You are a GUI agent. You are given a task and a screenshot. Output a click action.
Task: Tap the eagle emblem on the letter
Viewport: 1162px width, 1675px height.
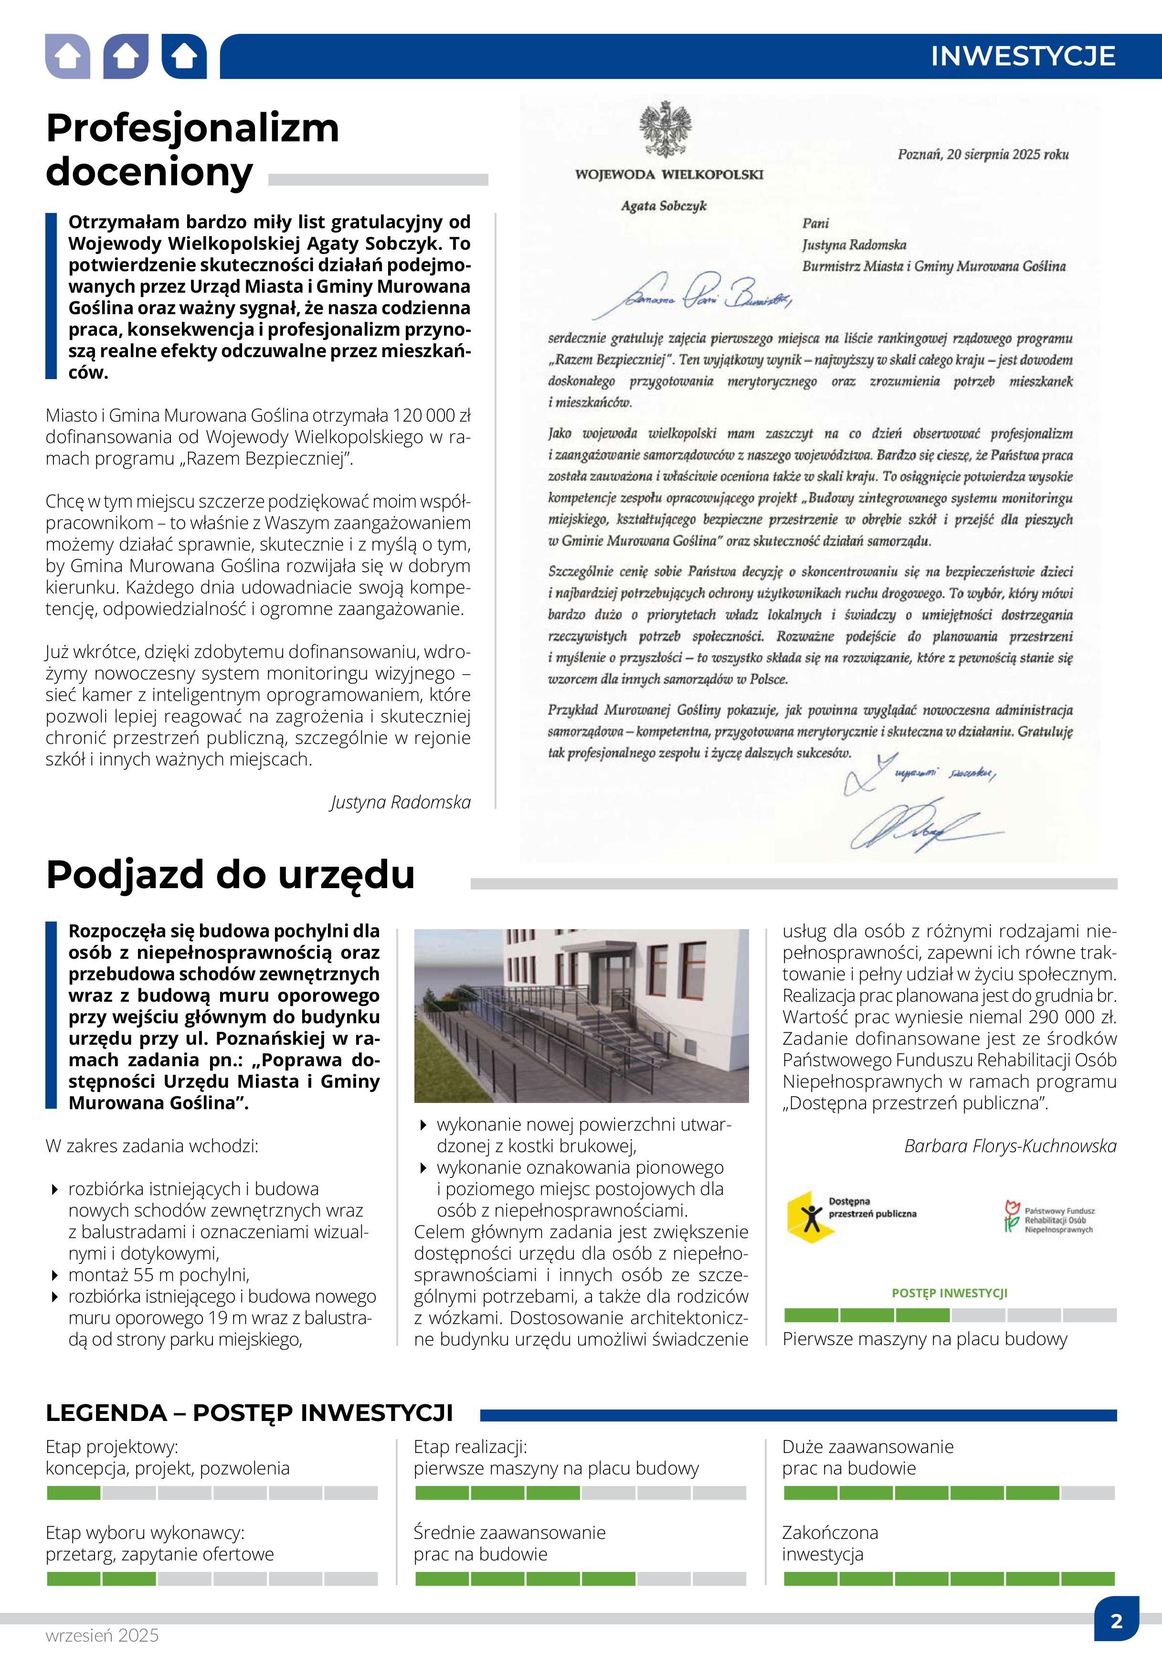pyautogui.click(x=665, y=129)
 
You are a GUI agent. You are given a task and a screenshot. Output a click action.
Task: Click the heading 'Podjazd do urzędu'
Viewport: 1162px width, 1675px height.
pyautogui.click(x=230, y=875)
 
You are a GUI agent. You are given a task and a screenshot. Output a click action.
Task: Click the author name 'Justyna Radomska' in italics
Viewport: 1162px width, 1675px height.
pyautogui.click(x=401, y=802)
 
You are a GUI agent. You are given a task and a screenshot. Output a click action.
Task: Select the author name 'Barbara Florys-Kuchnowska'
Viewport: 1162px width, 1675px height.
pyautogui.click(x=1010, y=1145)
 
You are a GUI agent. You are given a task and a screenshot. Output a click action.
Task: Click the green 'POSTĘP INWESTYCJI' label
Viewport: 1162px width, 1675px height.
pyautogui.click(x=950, y=1293)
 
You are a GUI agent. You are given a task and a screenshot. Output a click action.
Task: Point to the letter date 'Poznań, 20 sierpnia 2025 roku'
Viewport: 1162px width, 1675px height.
pyautogui.click(x=983, y=154)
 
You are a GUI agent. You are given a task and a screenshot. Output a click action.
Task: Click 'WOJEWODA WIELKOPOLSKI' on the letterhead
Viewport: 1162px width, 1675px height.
pyautogui.click(x=668, y=175)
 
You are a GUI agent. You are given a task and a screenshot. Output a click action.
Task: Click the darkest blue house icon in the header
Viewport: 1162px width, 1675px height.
pyautogui.click(x=184, y=56)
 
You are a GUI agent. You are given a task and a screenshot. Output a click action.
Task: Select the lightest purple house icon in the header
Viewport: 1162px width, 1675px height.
pyautogui.click(x=68, y=56)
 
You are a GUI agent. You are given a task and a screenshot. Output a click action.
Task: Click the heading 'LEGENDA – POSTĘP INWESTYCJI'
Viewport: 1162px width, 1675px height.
pyautogui.click(x=249, y=1413)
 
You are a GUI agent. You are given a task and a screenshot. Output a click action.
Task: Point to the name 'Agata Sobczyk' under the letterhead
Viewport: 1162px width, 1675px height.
pyautogui.click(x=663, y=206)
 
